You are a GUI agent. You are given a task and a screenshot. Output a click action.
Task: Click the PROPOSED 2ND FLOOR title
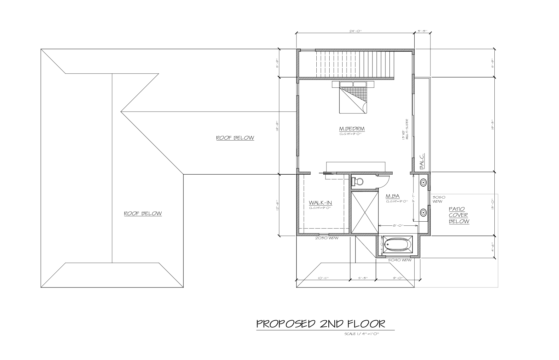321,323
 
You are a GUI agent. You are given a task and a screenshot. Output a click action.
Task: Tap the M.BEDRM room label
352,129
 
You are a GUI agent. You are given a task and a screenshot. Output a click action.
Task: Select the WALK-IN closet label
320,203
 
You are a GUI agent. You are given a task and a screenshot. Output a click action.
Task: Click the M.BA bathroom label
393,196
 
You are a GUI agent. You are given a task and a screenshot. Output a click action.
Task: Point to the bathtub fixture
398,245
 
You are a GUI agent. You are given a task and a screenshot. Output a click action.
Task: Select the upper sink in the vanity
423,182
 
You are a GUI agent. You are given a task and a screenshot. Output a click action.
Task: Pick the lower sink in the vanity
423,212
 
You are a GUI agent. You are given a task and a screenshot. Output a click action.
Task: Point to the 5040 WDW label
400,260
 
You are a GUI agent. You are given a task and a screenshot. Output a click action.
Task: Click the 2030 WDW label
327,238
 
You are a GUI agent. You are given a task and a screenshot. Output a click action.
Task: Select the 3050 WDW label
439,199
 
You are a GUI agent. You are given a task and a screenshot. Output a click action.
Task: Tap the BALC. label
422,161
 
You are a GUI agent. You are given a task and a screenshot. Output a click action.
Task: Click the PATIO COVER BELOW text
459,215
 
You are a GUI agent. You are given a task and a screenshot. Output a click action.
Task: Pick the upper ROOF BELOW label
235,138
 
